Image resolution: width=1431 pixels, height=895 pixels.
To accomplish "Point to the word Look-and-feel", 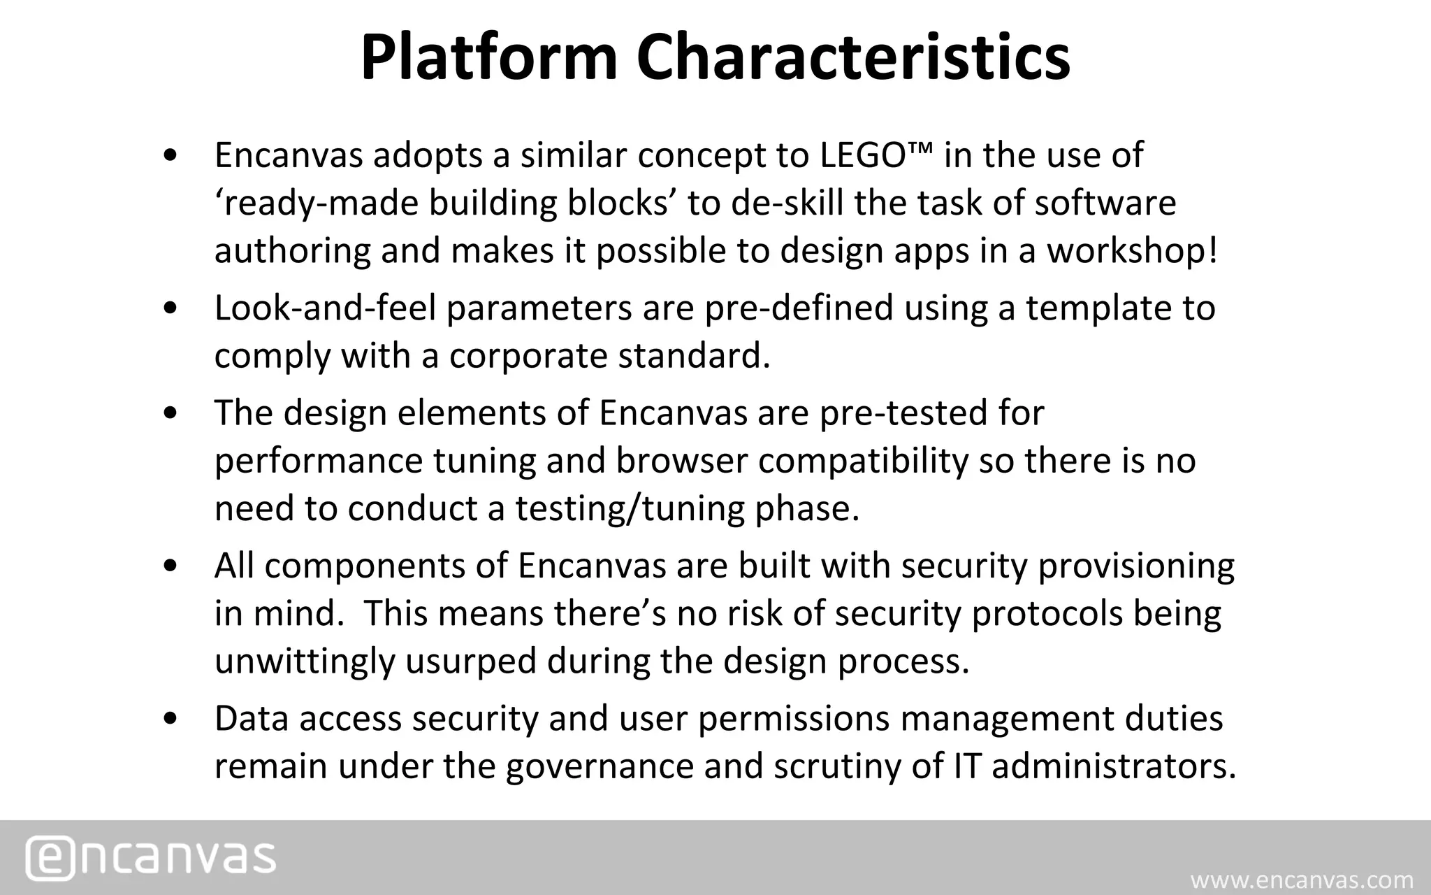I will pos(325,308).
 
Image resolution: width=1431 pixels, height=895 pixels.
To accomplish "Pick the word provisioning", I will pos(1136,566).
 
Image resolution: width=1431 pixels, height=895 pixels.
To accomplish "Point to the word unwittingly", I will pos(305,661).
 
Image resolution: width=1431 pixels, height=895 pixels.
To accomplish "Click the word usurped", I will pos(471,661).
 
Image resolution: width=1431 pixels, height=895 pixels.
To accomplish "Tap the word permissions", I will pos(794,719).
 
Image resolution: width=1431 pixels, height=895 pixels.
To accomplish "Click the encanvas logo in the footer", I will pos(151,857).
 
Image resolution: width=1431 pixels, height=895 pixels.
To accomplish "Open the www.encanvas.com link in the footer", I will pos(1302,880).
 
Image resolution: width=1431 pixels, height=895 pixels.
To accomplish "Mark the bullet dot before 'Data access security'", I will pos(169,719).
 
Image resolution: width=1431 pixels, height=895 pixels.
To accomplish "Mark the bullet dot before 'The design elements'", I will pos(169,413).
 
